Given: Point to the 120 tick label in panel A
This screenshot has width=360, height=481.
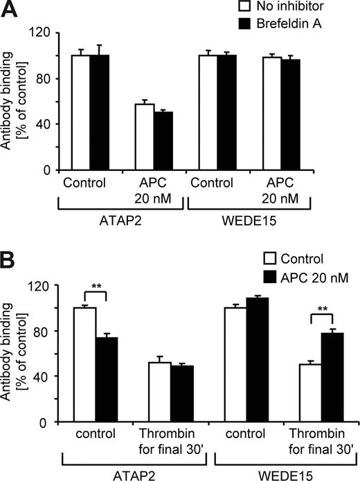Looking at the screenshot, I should pos(44,33).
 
